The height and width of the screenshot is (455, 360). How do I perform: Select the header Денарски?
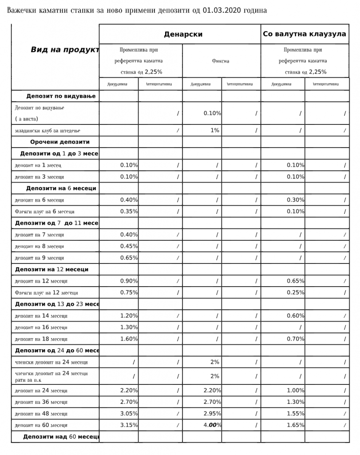pos(183,34)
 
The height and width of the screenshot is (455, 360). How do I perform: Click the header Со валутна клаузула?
pos(305,34)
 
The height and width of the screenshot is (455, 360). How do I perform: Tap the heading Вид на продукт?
pos(64,50)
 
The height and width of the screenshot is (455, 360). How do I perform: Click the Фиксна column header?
pos(221,61)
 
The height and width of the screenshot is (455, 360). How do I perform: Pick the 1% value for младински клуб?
pos(215,130)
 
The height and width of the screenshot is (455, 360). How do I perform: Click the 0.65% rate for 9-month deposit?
pos(129,258)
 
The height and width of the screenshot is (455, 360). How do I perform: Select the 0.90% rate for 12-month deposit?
pos(129,281)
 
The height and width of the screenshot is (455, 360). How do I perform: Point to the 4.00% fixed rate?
pos(212,425)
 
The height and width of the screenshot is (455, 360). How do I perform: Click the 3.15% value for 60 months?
pos(129,425)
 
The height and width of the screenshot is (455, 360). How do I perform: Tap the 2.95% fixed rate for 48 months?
pos(212,413)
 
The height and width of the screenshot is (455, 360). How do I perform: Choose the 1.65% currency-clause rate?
pos(295,425)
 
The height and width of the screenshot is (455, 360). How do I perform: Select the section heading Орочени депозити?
pos(60,142)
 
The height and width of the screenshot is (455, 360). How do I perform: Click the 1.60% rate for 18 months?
pos(129,339)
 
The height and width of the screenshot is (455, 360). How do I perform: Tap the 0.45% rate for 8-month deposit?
pos(129,246)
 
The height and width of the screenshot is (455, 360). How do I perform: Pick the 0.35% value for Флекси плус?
pos(129,212)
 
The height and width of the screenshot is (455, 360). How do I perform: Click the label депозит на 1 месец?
pos(38,165)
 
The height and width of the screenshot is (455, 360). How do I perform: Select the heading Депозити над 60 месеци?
pos(61,437)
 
